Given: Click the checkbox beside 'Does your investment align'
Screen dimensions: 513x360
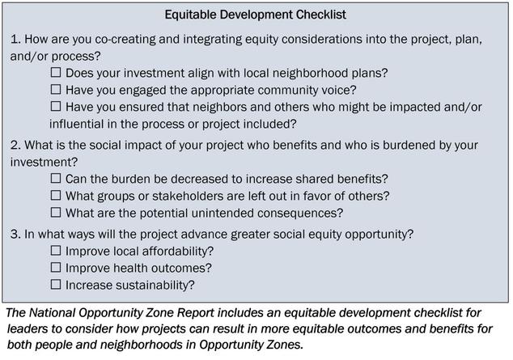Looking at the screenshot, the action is [x=56, y=72].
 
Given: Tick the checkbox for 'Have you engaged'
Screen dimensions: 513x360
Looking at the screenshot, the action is [x=56, y=89].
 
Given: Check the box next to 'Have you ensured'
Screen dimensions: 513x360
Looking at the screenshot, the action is [x=56, y=106].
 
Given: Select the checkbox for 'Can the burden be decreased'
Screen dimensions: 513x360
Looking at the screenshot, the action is [x=56, y=178].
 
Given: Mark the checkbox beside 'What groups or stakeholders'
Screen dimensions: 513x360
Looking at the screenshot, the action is [x=56, y=195].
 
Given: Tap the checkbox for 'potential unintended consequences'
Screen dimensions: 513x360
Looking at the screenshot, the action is [x=56, y=212].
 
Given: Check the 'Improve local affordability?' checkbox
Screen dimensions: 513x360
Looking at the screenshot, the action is [x=56, y=251].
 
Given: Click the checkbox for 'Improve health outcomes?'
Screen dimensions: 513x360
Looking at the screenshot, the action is [x=56, y=268].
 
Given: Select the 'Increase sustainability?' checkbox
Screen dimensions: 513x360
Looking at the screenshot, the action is [x=56, y=285].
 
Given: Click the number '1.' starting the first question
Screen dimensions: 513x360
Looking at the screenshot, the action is [x=15, y=40].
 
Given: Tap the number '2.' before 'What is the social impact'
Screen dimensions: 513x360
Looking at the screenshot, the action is [x=15, y=145].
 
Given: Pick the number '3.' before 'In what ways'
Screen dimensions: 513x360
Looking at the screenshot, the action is [x=15, y=234].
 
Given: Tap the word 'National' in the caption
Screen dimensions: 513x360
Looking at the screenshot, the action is [x=52, y=313].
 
